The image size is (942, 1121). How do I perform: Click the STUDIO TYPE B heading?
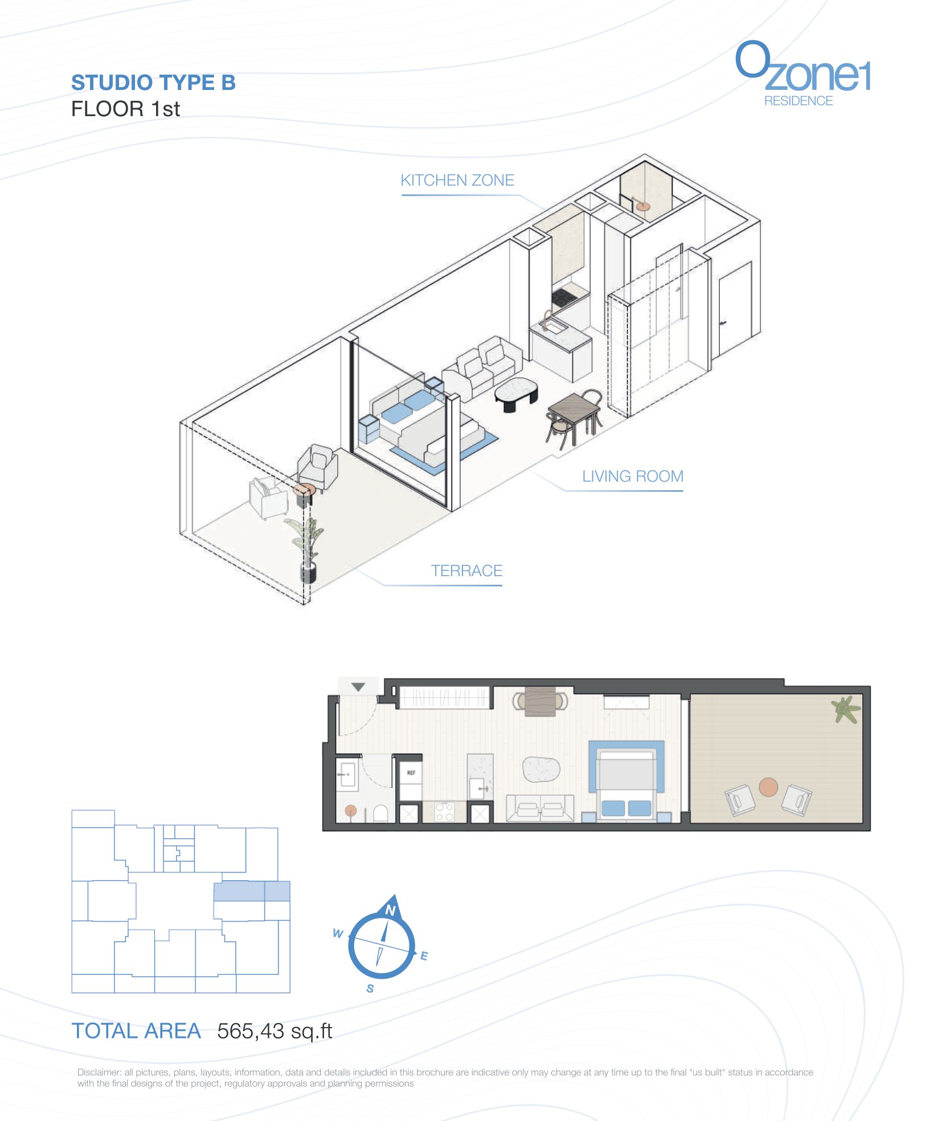point(153,83)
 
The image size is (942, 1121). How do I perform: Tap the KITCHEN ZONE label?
point(457,180)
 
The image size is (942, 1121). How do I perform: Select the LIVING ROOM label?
point(632,477)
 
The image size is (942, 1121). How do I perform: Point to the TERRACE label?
point(466,571)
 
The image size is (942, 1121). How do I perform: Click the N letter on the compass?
point(390,910)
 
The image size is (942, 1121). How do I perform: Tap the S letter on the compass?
point(370,988)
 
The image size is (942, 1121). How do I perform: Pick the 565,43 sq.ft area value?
point(275,1031)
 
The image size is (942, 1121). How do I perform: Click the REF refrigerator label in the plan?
point(411,773)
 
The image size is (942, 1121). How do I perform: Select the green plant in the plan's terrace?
point(846,709)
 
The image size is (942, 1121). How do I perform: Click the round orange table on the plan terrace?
point(768,787)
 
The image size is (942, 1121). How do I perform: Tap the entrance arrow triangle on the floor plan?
point(358,687)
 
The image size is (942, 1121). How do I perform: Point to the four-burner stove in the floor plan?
point(444,812)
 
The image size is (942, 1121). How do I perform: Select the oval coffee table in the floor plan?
point(541,769)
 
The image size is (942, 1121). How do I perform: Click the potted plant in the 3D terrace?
point(308,549)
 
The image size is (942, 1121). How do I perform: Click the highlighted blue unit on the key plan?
point(252,891)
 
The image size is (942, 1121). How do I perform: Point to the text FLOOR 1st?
point(125,109)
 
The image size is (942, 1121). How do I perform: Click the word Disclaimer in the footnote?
point(99,1073)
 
